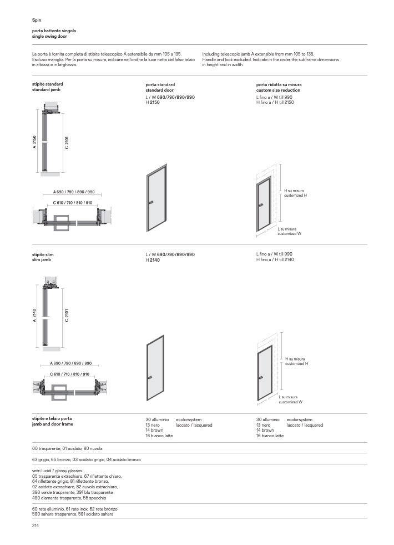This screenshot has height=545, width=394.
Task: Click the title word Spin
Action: click(37, 20)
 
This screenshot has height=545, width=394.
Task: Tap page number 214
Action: click(36, 526)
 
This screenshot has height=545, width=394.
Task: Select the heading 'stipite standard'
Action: click(48, 84)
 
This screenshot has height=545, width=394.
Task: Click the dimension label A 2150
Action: click(34, 142)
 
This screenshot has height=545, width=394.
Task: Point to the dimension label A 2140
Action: click(34, 315)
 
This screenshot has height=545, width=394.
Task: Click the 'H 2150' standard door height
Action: click(153, 103)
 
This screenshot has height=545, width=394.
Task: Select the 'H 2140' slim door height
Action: click(153, 260)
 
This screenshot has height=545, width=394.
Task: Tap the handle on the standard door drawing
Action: click(151, 203)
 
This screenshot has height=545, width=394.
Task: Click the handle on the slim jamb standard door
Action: click(150, 378)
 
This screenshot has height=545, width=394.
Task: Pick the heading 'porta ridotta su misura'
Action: click(279, 84)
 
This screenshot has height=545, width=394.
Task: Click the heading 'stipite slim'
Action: click(43, 255)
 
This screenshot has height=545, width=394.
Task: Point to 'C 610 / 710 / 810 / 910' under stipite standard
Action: click(73, 203)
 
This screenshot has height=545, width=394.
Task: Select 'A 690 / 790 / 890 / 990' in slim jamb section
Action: click(71, 363)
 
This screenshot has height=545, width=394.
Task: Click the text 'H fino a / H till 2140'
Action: click(275, 259)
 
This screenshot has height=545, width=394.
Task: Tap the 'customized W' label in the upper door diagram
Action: click(289, 234)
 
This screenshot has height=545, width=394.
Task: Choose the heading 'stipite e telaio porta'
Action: click(52, 418)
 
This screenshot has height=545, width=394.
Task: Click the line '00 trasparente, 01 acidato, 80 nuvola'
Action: click(67, 448)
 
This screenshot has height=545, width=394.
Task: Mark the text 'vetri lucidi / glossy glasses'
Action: click(57, 471)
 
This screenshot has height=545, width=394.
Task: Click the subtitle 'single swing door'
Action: click(49, 36)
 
